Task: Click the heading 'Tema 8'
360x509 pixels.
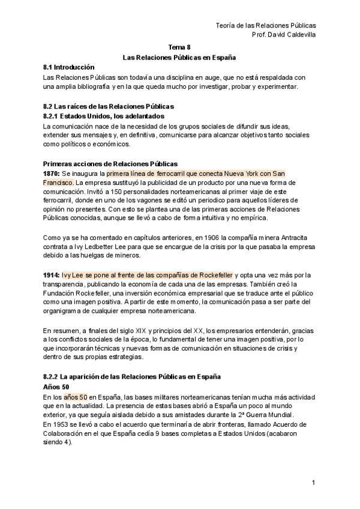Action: (179, 47)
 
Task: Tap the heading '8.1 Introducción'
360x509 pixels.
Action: (69, 68)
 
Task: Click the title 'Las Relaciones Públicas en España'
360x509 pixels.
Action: (179, 58)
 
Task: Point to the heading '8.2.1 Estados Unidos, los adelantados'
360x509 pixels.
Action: (104, 116)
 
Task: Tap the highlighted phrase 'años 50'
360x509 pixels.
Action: (76, 397)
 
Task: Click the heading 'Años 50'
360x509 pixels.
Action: (56, 387)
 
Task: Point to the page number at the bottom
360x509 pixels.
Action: (313, 483)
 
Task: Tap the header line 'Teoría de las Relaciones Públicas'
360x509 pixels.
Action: (265, 25)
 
